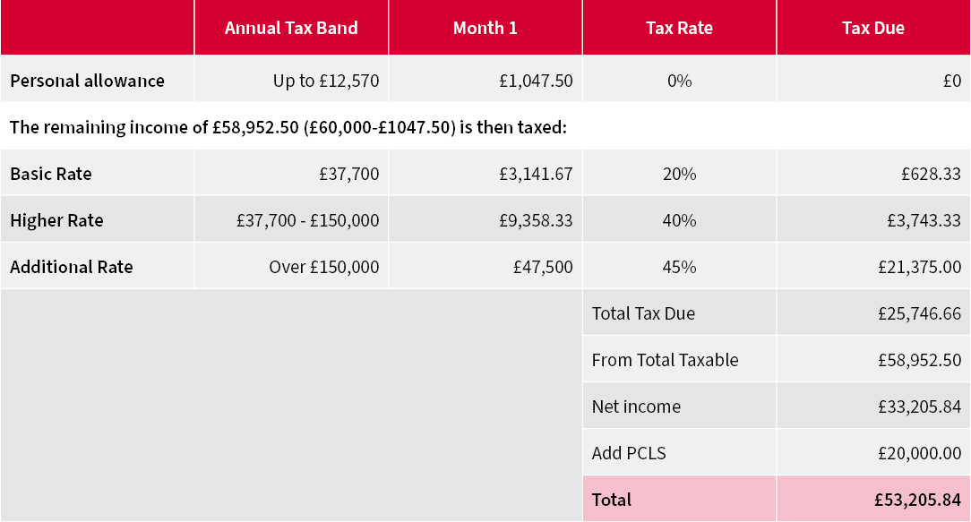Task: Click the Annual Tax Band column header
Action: tap(291, 28)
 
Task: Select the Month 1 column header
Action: tap(485, 28)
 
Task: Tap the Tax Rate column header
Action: tap(679, 28)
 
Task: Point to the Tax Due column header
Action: tap(872, 28)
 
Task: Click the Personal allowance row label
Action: tap(87, 81)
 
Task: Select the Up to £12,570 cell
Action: tap(326, 81)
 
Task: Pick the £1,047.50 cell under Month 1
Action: tap(536, 81)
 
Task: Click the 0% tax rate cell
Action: tap(679, 81)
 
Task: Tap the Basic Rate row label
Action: tap(51, 174)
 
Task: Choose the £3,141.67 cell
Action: tap(536, 174)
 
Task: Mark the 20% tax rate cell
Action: tap(679, 174)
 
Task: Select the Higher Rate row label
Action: tap(56, 220)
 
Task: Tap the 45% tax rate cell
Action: tap(679, 267)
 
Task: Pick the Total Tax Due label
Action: tap(643, 313)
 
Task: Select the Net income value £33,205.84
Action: tap(920, 406)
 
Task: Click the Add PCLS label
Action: tap(629, 453)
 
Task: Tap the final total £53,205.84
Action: tap(918, 500)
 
